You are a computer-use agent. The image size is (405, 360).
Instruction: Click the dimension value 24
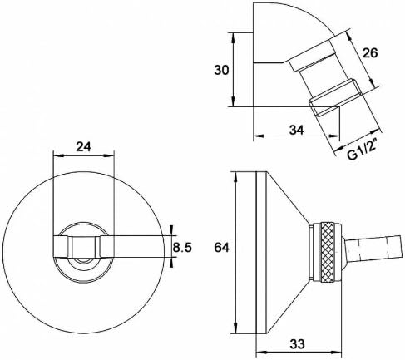click(x=83, y=146)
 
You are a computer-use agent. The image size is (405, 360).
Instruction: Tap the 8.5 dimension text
click(x=182, y=248)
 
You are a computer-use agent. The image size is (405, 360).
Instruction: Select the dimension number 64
click(x=221, y=248)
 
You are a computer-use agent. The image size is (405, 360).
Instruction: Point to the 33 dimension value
click(x=297, y=344)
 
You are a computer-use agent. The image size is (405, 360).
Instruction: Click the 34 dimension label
click(x=297, y=130)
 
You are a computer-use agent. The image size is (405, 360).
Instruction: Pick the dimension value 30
click(x=221, y=70)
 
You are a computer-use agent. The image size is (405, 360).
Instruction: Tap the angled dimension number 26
click(x=370, y=52)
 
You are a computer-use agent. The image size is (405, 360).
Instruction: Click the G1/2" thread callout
click(x=363, y=149)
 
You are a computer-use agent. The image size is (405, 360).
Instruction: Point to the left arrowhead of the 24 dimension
click(x=57, y=155)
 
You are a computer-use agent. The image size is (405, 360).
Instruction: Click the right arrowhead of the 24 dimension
click(x=109, y=155)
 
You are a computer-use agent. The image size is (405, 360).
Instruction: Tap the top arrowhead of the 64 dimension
click(x=235, y=177)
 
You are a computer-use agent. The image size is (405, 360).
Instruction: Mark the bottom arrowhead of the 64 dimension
click(x=235, y=328)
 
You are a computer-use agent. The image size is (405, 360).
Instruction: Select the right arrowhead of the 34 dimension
click(x=334, y=136)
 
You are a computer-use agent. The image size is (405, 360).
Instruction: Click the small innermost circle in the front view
click(x=83, y=260)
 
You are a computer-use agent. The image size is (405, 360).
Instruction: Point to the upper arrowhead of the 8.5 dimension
click(x=172, y=230)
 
